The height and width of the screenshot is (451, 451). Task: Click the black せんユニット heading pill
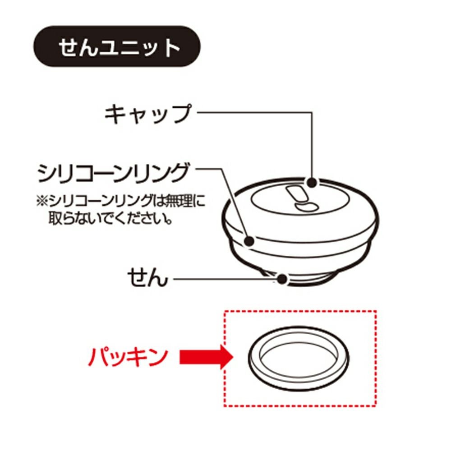(117, 46)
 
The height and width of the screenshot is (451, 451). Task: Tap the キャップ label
(147, 114)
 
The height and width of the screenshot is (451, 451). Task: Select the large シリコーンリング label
(113, 173)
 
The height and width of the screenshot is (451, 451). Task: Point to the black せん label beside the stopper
(147, 277)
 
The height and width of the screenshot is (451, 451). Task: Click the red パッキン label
(128, 357)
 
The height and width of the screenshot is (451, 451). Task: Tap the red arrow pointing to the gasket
(206, 357)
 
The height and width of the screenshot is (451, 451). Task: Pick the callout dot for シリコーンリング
(249, 241)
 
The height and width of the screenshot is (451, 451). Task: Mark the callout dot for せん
(282, 279)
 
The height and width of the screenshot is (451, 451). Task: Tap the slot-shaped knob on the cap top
(296, 193)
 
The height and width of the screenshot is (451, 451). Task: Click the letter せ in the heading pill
(68, 47)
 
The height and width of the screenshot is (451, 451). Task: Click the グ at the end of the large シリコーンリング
(179, 173)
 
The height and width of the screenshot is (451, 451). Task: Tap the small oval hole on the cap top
(307, 207)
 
